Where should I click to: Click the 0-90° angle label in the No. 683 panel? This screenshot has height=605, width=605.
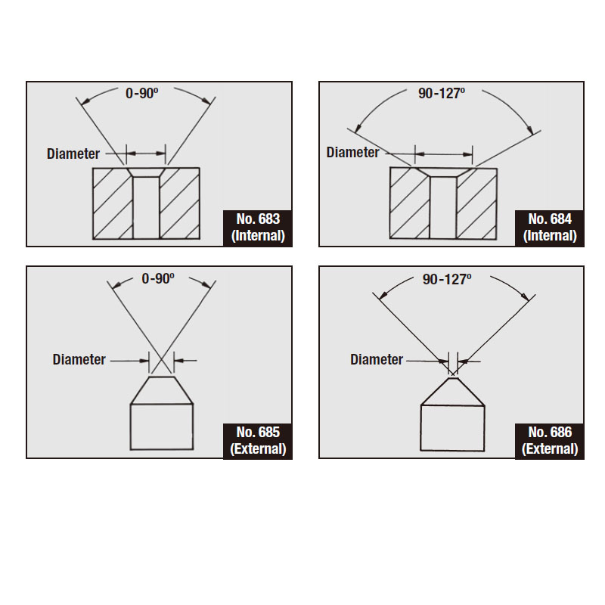click(142, 93)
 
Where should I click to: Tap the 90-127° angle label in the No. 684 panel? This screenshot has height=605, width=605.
click(442, 93)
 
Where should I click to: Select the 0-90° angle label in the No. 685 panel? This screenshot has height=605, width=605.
click(158, 278)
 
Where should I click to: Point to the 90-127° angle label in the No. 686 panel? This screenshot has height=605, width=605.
click(447, 279)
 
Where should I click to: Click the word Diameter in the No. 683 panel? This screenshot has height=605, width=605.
click(73, 154)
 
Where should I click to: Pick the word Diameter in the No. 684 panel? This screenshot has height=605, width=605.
click(352, 153)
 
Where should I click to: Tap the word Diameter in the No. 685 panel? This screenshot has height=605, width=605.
click(79, 360)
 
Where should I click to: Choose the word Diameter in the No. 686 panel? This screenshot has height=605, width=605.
click(377, 360)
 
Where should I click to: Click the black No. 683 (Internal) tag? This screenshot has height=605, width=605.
click(258, 228)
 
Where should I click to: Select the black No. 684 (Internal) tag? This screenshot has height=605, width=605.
click(550, 228)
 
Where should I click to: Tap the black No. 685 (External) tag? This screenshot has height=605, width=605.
click(258, 441)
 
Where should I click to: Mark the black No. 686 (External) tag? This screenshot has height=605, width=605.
click(550, 441)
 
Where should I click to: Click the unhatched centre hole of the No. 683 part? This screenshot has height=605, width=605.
click(146, 207)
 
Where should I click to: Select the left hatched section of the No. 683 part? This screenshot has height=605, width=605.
click(113, 203)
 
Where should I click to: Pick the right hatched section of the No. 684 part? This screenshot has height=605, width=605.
click(476, 203)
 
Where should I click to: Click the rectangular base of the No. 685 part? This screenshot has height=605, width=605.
click(162, 427)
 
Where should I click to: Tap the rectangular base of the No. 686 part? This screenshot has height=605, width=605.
click(452, 428)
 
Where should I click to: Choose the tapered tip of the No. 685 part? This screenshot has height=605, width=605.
click(162, 390)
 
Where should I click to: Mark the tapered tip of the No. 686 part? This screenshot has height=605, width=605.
click(452, 392)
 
